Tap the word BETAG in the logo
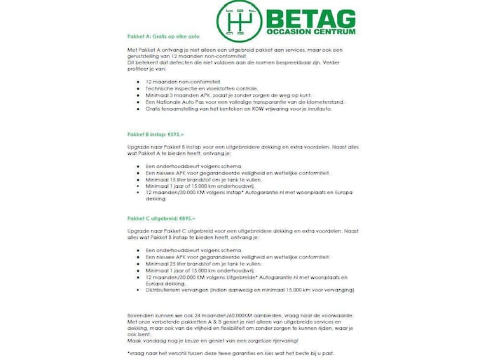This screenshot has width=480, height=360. point(310,18)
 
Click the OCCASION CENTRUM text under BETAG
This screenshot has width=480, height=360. point(310,32)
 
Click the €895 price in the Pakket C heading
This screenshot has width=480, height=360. point(187,219)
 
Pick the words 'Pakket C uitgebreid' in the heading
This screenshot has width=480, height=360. point(150,219)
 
